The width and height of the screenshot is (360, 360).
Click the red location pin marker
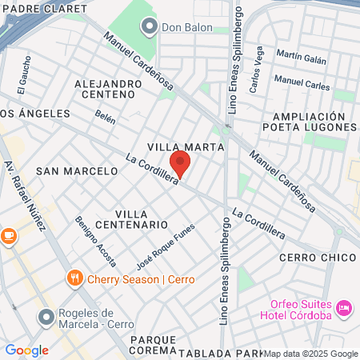click(180, 163)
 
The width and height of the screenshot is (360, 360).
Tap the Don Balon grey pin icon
click(148, 27)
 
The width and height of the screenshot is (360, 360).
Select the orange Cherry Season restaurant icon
click(74, 278)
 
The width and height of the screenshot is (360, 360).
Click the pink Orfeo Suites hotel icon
click(344, 307)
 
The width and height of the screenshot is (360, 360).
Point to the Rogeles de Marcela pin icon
click(46, 318)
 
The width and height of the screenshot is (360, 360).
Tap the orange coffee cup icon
click(9, 236)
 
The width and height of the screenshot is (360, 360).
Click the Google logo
click(26, 350)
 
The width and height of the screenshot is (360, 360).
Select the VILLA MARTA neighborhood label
click(180, 146)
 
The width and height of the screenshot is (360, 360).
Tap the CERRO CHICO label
click(317, 258)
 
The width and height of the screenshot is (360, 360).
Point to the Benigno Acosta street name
click(96, 241)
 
